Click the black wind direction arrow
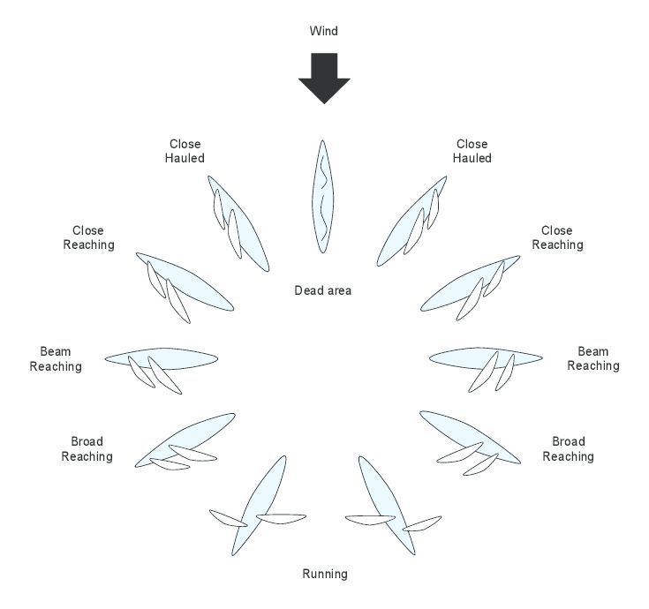click(324, 78)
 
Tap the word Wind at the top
click(324, 31)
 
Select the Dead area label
click(323, 290)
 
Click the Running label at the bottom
click(325, 574)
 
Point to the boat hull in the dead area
click(323, 197)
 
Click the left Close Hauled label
click(185, 151)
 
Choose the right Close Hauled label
click(472, 151)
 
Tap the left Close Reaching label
click(88, 237)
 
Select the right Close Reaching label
click(557, 237)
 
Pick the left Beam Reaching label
click(56, 358)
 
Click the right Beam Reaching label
click(593, 358)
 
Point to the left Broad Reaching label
click(87, 449)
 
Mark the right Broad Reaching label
click(569, 449)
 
